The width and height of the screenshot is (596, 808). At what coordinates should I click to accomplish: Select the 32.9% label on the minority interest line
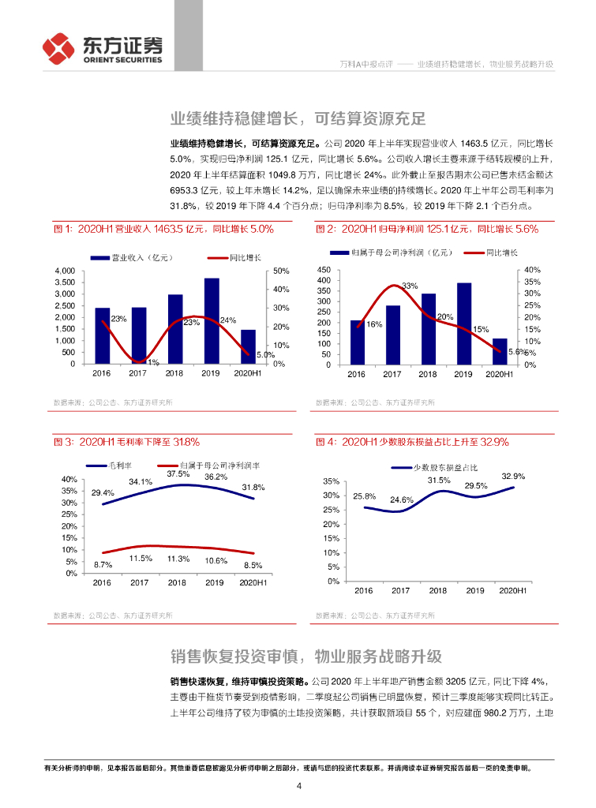click(512, 476)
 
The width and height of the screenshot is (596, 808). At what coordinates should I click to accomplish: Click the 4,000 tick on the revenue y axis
click(64, 271)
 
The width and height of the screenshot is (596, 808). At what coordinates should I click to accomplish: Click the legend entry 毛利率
click(110, 466)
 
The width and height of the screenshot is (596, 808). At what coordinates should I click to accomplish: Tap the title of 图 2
click(426, 229)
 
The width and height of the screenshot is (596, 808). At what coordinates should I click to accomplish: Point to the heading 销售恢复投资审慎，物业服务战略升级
click(305, 656)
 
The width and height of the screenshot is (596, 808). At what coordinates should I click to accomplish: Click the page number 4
click(298, 786)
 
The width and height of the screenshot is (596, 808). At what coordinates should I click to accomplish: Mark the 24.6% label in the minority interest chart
click(401, 499)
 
